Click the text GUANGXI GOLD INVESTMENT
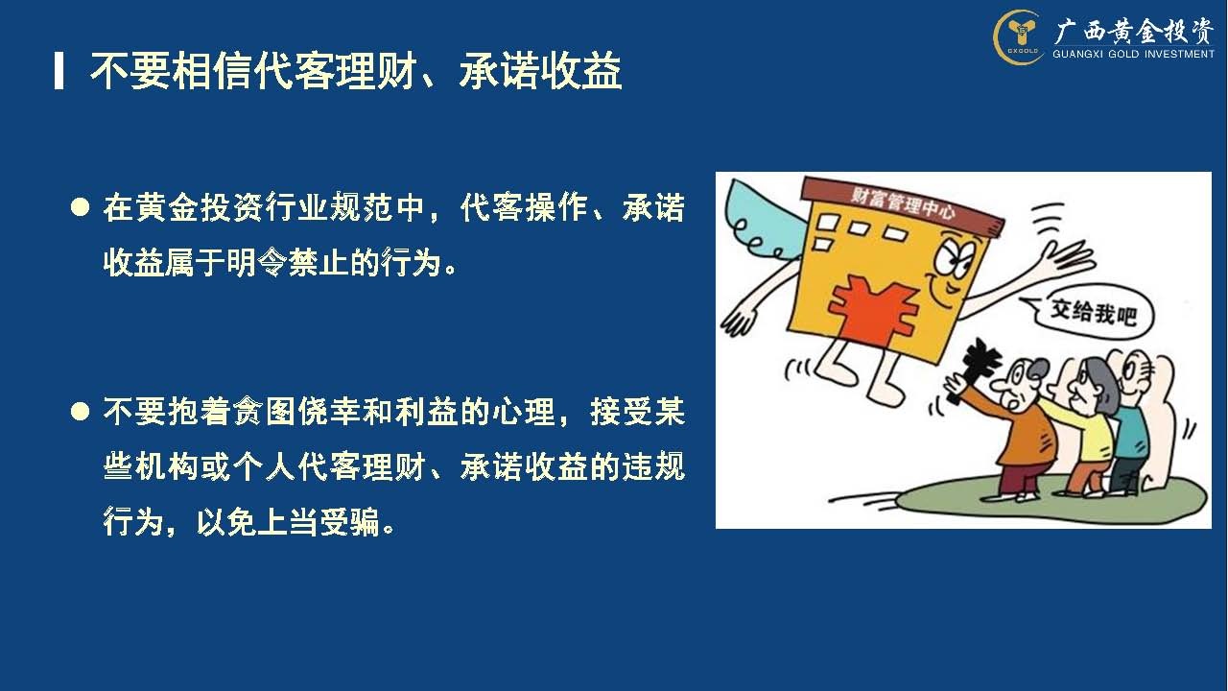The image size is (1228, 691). coord(1133,54)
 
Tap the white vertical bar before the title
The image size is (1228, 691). coord(59,71)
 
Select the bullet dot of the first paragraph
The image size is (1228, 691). coord(80,208)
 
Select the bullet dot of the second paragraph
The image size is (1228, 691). coord(80,412)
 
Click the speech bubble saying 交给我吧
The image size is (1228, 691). coord(1088,314)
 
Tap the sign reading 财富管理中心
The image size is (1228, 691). coord(903,205)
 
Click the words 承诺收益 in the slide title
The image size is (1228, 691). coord(540,71)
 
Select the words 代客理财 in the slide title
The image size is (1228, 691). coord(335,71)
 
